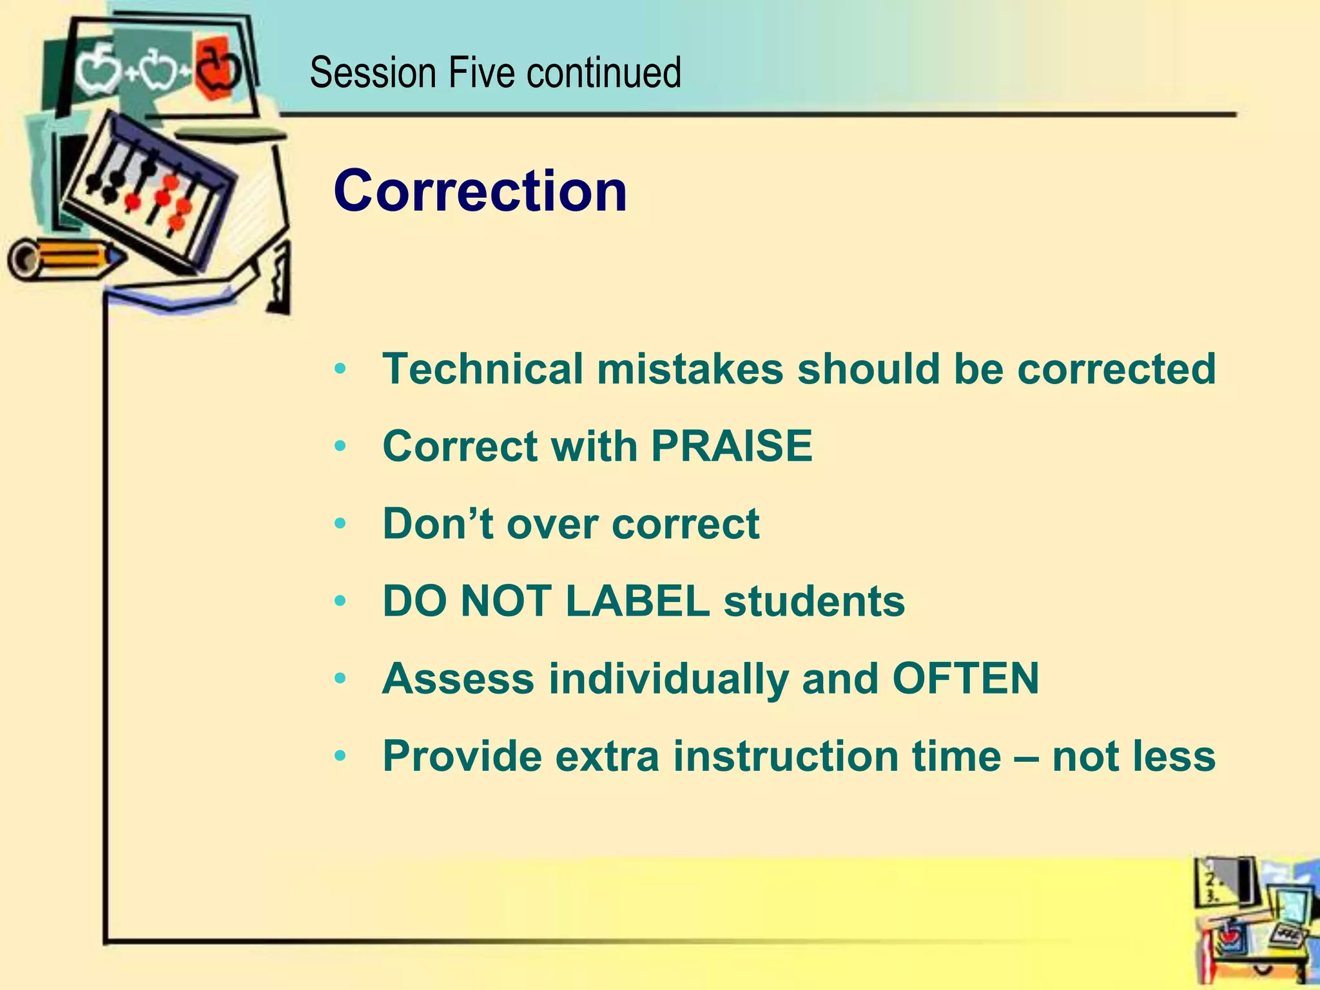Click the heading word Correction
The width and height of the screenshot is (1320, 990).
click(480, 191)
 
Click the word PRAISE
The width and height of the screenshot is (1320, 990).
click(732, 446)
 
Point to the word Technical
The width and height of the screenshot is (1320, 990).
click(483, 369)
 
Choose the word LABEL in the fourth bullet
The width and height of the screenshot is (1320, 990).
click(637, 601)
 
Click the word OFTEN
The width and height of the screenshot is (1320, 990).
click(965, 679)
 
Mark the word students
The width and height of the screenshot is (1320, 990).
click(814, 601)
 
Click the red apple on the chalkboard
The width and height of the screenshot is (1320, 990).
click(217, 68)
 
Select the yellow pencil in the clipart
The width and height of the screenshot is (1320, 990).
click(64, 259)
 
